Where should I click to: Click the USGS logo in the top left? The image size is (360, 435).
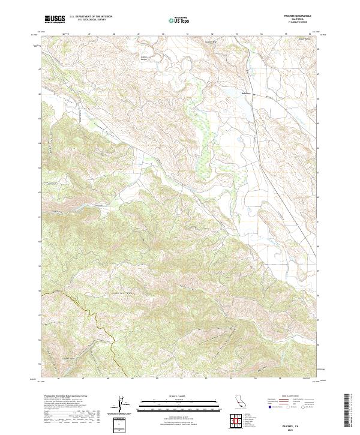click(x=55, y=19)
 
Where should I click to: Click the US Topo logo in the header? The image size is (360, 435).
click(x=180, y=20)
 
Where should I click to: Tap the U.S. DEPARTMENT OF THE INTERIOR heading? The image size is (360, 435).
click(x=91, y=17)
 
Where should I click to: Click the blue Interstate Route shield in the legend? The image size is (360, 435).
click(x=271, y=407)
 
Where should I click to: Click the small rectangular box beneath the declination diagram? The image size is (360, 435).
click(x=121, y=423)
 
